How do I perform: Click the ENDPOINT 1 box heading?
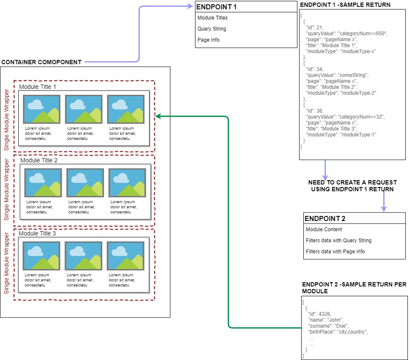(217, 7)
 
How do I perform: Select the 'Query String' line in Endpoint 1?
(212, 29)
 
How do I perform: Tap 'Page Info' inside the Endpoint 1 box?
(208, 40)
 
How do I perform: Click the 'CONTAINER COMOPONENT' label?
(41, 62)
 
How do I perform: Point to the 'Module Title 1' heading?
(37, 87)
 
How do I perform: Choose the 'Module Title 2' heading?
(39, 160)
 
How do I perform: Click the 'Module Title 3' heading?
(37, 233)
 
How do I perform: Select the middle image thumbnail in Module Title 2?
(85, 183)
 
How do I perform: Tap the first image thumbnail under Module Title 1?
(42, 109)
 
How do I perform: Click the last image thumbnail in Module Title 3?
(125, 256)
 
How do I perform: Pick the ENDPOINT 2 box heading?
(325, 218)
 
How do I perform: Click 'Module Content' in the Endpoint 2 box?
(324, 230)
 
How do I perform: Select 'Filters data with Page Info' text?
(335, 252)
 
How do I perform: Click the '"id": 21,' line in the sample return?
(314, 27)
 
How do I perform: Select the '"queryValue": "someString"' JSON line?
(337, 75)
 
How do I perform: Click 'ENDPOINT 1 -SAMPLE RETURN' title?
(345, 5)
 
